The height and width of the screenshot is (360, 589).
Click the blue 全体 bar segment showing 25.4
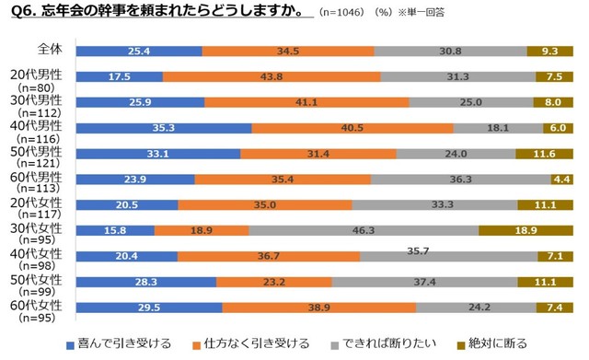pyautogui.click(x=138, y=51)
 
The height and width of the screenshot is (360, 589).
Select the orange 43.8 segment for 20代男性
pyautogui.click(x=271, y=76)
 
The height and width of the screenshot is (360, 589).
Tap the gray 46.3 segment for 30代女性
pyautogui.click(x=363, y=230)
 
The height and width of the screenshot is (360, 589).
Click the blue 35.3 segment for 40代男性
pyautogui.click(x=163, y=128)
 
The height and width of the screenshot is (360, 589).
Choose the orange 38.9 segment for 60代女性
pyautogui.click(x=318, y=308)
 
